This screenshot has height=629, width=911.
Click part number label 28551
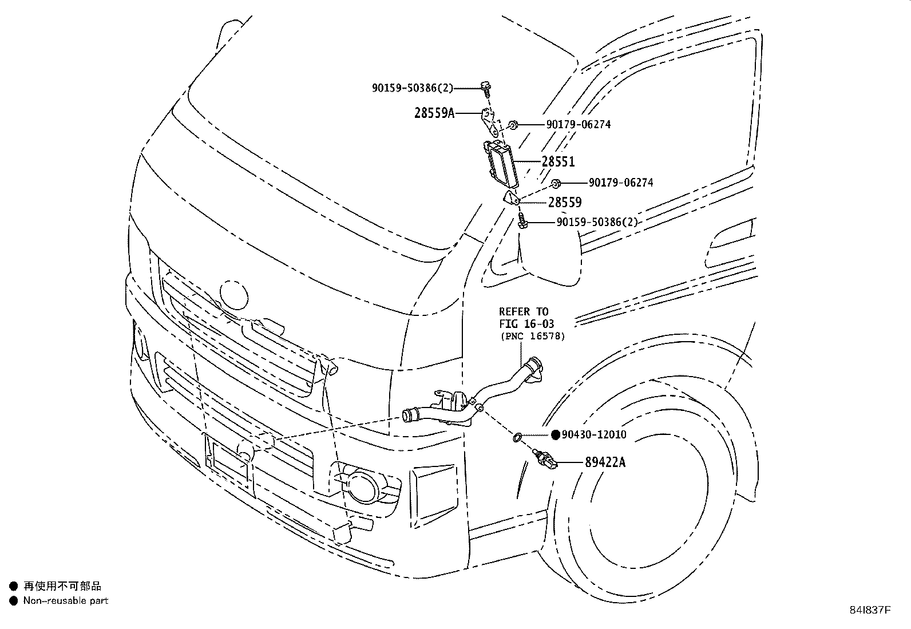tap(558, 162)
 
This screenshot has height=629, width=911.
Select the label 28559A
tap(434, 113)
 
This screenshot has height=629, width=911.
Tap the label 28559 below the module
tap(565, 202)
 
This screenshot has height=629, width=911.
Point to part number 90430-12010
tap(593, 435)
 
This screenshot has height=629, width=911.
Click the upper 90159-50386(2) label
tap(412, 88)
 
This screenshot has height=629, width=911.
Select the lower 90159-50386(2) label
tap(597, 223)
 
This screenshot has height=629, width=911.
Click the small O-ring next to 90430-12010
tap(516, 438)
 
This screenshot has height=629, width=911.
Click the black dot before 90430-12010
tap(555, 435)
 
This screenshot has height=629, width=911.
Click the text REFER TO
tap(523, 312)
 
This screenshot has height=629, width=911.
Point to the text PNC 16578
tap(533, 337)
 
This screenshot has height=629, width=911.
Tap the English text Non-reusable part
tap(65, 601)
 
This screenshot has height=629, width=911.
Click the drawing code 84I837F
tap(869, 610)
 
